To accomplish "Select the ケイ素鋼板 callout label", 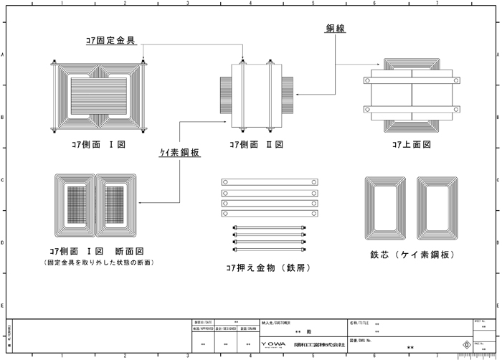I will coord(179,152).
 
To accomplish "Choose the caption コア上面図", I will coord(411,144).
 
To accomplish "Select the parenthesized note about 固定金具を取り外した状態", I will coord(98,262).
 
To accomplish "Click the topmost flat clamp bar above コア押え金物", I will coord(268,182).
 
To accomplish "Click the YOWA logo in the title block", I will coord(273,345).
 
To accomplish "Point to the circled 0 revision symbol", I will coord(467,344).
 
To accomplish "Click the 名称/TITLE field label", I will coord(359,324).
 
